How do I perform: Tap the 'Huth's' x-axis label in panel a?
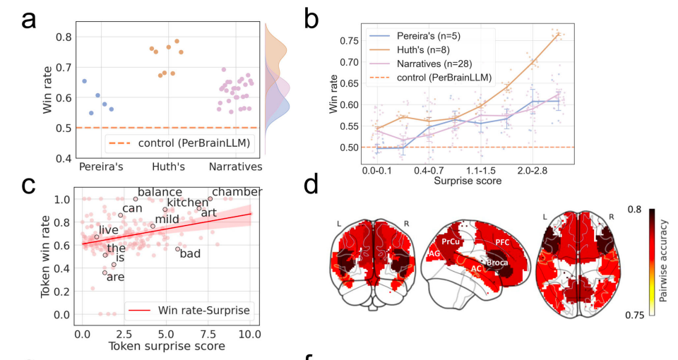168,167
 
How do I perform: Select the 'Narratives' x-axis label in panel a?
237,167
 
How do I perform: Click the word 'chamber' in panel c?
237,192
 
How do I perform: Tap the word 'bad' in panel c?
190,253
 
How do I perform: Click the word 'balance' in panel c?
160,192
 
